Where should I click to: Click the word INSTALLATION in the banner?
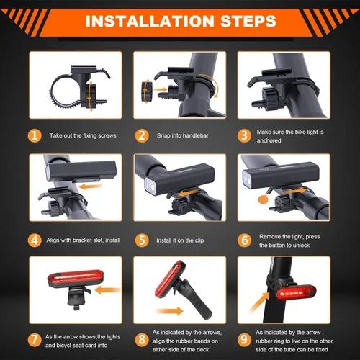tap(150, 21)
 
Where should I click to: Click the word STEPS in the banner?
tap(248, 21)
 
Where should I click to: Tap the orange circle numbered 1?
tap(35, 135)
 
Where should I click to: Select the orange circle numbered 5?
tap(142, 240)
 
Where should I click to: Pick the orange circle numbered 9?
tap(244, 339)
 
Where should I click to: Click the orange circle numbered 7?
tap(35, 339)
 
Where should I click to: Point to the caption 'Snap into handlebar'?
tap(183, 135)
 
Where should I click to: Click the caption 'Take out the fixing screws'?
tap(83, 135)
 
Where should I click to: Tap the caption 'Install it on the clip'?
tap(180, 240)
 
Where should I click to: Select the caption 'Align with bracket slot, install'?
tap(84, 240)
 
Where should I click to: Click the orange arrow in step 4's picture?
tap(90, 186)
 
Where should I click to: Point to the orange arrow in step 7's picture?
tap(108, 290)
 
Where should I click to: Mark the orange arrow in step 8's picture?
tap(169, 311)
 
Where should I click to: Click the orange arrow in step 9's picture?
tap(259, 302)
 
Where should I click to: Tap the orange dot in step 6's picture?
tap(263, 199)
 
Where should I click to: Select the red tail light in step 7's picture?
tap(74, 279)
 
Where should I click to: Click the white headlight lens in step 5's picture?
tap(151, 186)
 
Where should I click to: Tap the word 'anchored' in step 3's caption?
tap(269, 140)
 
